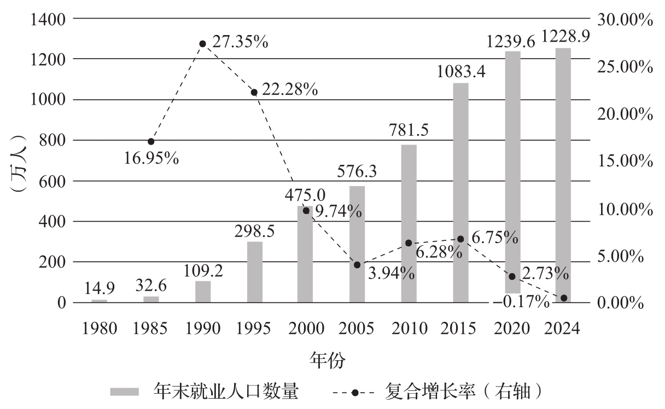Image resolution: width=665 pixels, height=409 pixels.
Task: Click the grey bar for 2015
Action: point(460,192)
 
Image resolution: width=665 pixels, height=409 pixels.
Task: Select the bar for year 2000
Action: point(305,254)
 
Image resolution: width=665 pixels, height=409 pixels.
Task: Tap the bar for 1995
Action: point(255,272)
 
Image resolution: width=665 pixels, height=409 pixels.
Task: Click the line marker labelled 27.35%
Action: point(202,44)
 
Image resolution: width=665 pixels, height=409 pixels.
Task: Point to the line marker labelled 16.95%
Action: point(151,141)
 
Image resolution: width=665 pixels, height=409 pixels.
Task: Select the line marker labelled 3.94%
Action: point(357,265)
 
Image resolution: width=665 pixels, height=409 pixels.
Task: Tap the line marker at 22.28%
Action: point(254,92)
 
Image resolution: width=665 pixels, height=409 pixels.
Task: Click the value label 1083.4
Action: point(460,72)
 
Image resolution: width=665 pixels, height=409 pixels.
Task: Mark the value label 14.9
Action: point(100,288)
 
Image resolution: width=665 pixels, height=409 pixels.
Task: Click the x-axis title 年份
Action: point(328,360)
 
